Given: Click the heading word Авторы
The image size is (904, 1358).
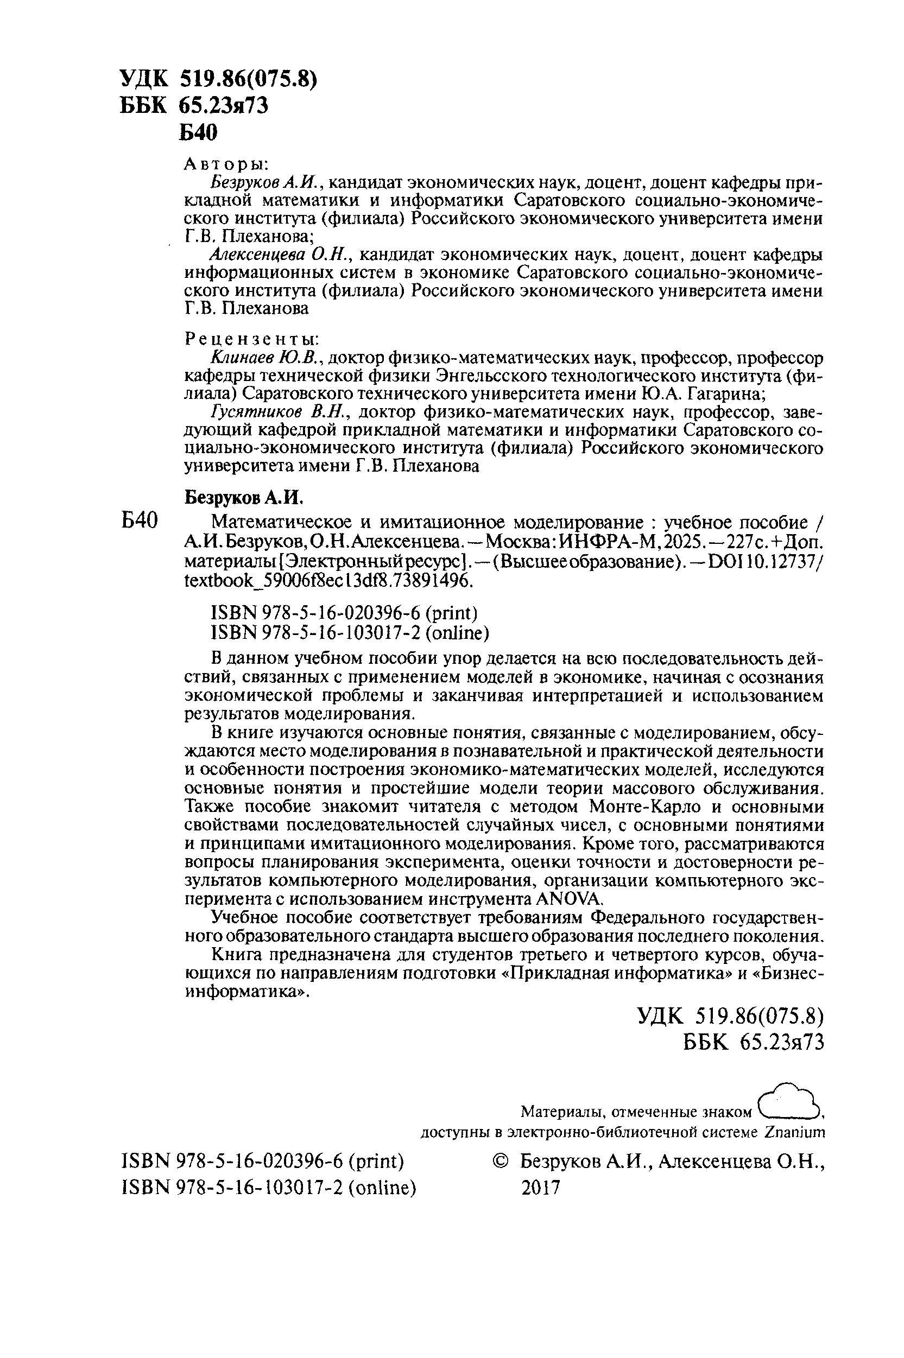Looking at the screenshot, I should pos(225,164).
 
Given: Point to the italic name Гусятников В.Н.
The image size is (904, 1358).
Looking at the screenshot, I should pos(278,412).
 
